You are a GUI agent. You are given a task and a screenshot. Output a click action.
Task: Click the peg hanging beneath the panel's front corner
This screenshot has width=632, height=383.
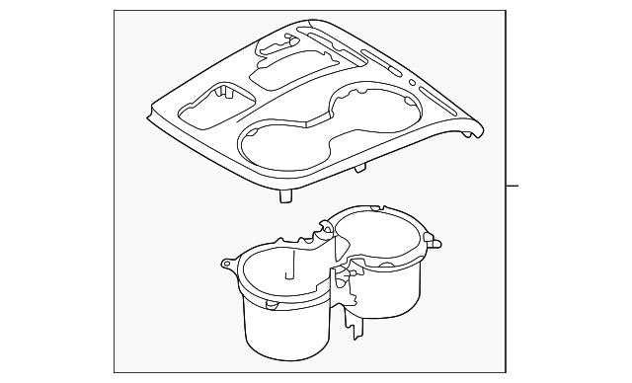pyautogui.click(x=285, y=196)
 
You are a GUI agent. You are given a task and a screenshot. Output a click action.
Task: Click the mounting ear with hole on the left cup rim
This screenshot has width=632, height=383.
pyautogui.click(x=227, y=264)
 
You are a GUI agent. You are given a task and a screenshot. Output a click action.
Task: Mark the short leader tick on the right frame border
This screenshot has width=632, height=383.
pyautogui.click(x=513, y=186)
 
